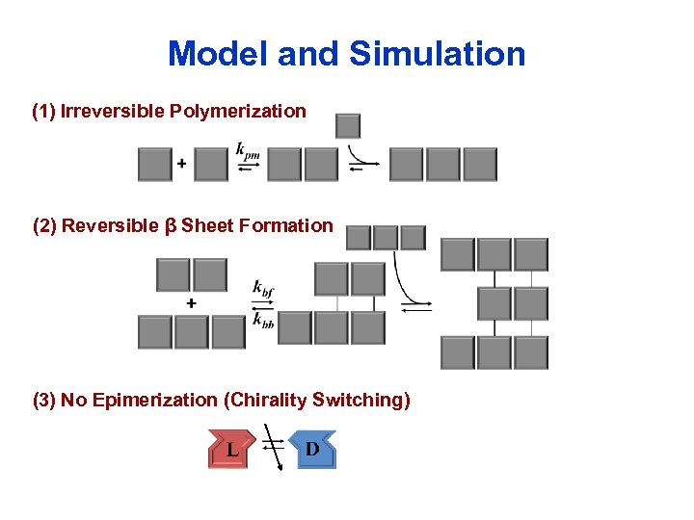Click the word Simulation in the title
(437, 54)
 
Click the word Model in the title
(217, 54)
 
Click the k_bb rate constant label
(262, 322)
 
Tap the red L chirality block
(232, 451)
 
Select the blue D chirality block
(311, 450)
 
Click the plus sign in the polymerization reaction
(180, 165)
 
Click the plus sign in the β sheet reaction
(191, 303)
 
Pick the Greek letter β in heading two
(170, 226)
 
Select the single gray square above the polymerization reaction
(347, 126)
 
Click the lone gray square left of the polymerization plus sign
(154, 165)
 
